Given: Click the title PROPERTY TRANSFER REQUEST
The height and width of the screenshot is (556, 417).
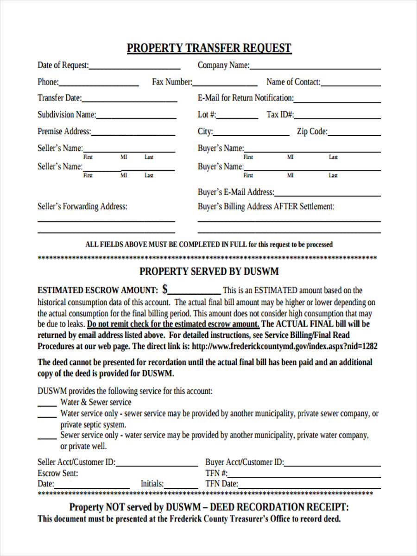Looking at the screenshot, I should click(x=209, y=48).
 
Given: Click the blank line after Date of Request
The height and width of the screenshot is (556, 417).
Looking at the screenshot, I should click(x=134, y=67).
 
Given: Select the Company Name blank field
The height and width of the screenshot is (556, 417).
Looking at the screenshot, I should click(x=315, y=67).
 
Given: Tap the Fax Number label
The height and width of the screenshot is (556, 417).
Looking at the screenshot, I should click(x=172, y=82).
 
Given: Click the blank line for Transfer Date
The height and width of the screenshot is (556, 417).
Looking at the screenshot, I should click(x=129, y=100).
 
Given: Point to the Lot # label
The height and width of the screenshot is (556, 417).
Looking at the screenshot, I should click(x=207, y=114).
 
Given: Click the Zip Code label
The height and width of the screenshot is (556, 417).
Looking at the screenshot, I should click(x=312, y=132).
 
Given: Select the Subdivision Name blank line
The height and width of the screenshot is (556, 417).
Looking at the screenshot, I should click(x=136, y=117).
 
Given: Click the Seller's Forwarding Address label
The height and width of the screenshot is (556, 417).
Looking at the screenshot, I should click(x=82, y=207).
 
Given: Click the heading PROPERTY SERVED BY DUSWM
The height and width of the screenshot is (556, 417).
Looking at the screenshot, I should click(x=209, y=272).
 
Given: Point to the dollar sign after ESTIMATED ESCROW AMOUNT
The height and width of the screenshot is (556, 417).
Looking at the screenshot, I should click(x=165, y=290).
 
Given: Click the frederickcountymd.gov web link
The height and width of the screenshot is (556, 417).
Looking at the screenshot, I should click(x=284, y=346).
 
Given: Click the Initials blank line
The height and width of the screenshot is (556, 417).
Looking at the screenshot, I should click(x=181, y=486).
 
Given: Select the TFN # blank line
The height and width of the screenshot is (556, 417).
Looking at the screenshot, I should click(x=304, y=475).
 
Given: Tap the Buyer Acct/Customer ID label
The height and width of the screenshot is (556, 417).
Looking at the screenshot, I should click(x=244, y=462).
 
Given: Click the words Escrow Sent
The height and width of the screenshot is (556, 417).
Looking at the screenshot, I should click(x=58, y=474).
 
